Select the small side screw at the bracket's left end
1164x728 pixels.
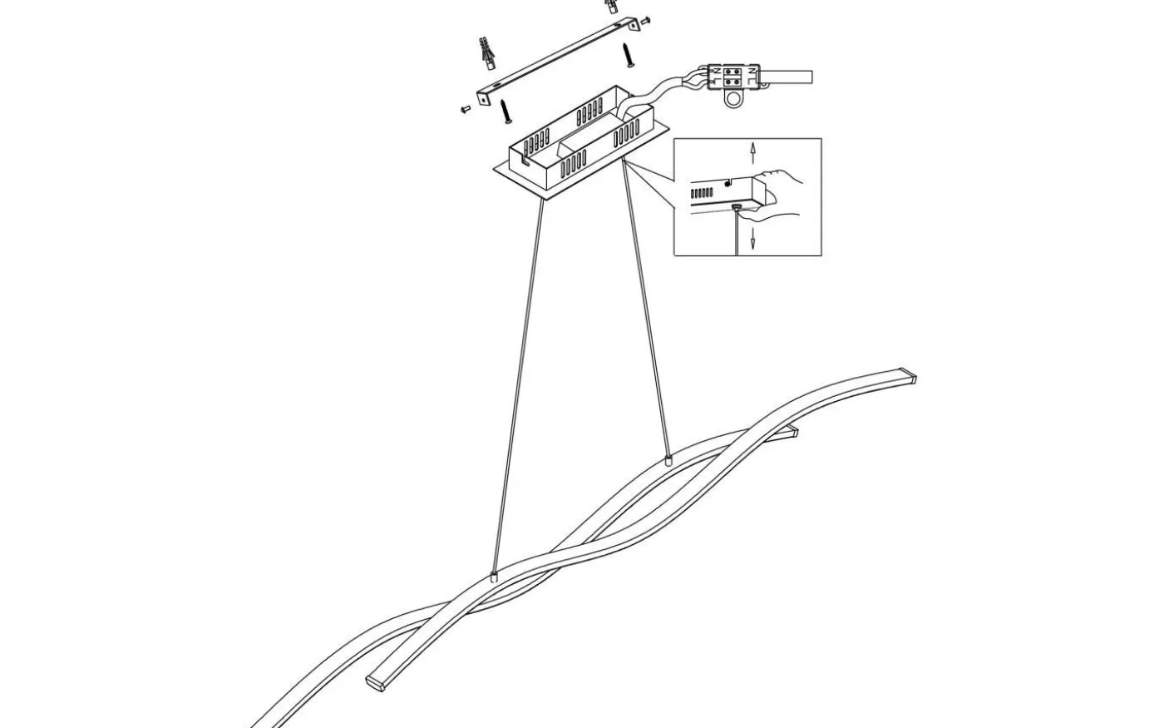(465, 109)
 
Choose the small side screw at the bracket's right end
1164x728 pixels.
(647, 20)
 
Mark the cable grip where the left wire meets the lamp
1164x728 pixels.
(495, 575)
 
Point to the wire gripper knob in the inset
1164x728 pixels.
(736, 208)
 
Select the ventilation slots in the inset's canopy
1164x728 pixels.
(702, 192)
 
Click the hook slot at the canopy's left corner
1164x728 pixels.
(523, 154)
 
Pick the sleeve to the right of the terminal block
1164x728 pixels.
(789, 78)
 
